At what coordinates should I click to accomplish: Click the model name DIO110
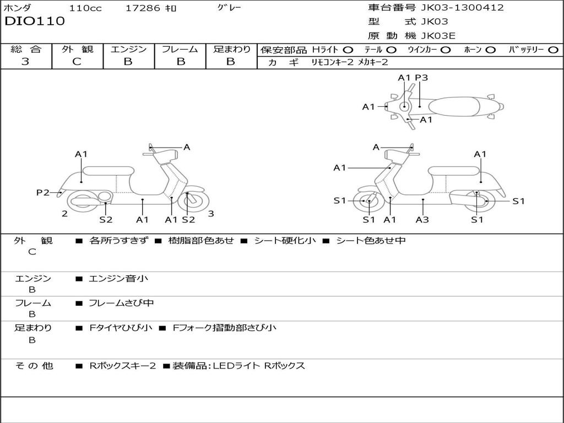(x=35, y=21)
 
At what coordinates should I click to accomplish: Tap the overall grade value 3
(x=25, y=62)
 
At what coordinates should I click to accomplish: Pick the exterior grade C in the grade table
(x=77, y=62)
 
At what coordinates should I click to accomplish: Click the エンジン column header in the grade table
(x=128, y=49)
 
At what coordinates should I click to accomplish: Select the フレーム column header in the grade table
(x=180, y=49)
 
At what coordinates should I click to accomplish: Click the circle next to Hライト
(x=348, y=50)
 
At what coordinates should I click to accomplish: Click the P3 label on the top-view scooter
(x=421, y=78)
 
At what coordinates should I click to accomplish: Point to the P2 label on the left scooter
(x=43, y=192)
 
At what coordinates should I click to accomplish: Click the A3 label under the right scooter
(x=422, y=220)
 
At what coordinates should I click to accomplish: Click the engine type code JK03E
(x=438, y=36)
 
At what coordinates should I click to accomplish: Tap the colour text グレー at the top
(x=229, y=8)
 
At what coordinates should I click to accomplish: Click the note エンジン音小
(x=118, y=279)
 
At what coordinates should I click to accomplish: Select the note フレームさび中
(x=121, y=303)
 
